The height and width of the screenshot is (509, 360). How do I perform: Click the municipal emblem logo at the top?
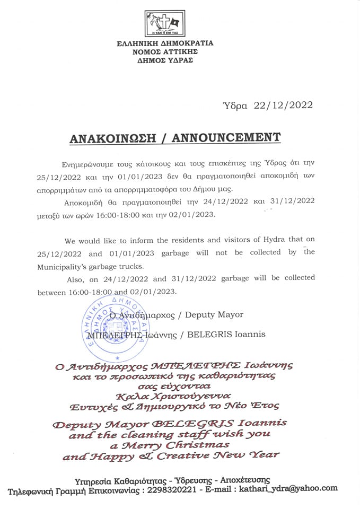coord(165,23)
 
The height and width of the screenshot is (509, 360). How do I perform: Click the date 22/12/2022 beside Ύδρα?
coord(284,105)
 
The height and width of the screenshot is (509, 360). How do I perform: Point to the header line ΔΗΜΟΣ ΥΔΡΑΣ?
coord(165,60)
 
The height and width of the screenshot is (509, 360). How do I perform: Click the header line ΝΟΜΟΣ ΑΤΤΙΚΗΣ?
coord(165,51)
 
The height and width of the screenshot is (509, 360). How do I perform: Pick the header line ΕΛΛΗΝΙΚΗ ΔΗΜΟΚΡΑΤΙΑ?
coord(165,43)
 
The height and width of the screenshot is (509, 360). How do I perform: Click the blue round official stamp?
coord(112,328)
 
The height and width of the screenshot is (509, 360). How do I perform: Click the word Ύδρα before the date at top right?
coord(235,105)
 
